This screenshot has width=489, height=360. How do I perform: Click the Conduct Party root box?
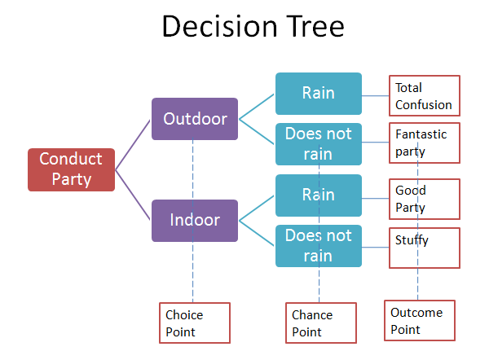pos(71,169)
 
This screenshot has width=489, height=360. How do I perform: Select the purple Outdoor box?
pos(195,119)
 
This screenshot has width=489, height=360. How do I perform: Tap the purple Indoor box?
pos(195,221)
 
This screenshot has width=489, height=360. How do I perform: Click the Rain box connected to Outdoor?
pos(319,94)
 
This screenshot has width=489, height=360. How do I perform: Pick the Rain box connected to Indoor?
pos(319,195)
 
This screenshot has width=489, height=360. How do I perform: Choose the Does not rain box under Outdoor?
pos(319,144)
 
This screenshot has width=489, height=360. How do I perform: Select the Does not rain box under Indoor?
pos(319,246)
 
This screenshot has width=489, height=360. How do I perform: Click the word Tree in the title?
pos(315,27)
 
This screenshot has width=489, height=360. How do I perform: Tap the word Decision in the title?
pos(220,27)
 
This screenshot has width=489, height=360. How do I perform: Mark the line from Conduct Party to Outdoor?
pos(133,145)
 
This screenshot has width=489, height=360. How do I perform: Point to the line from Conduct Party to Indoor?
pos(133,195)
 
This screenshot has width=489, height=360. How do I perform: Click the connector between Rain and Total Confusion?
pos(375,95)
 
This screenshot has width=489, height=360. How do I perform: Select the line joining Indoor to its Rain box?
pos(257,209)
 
